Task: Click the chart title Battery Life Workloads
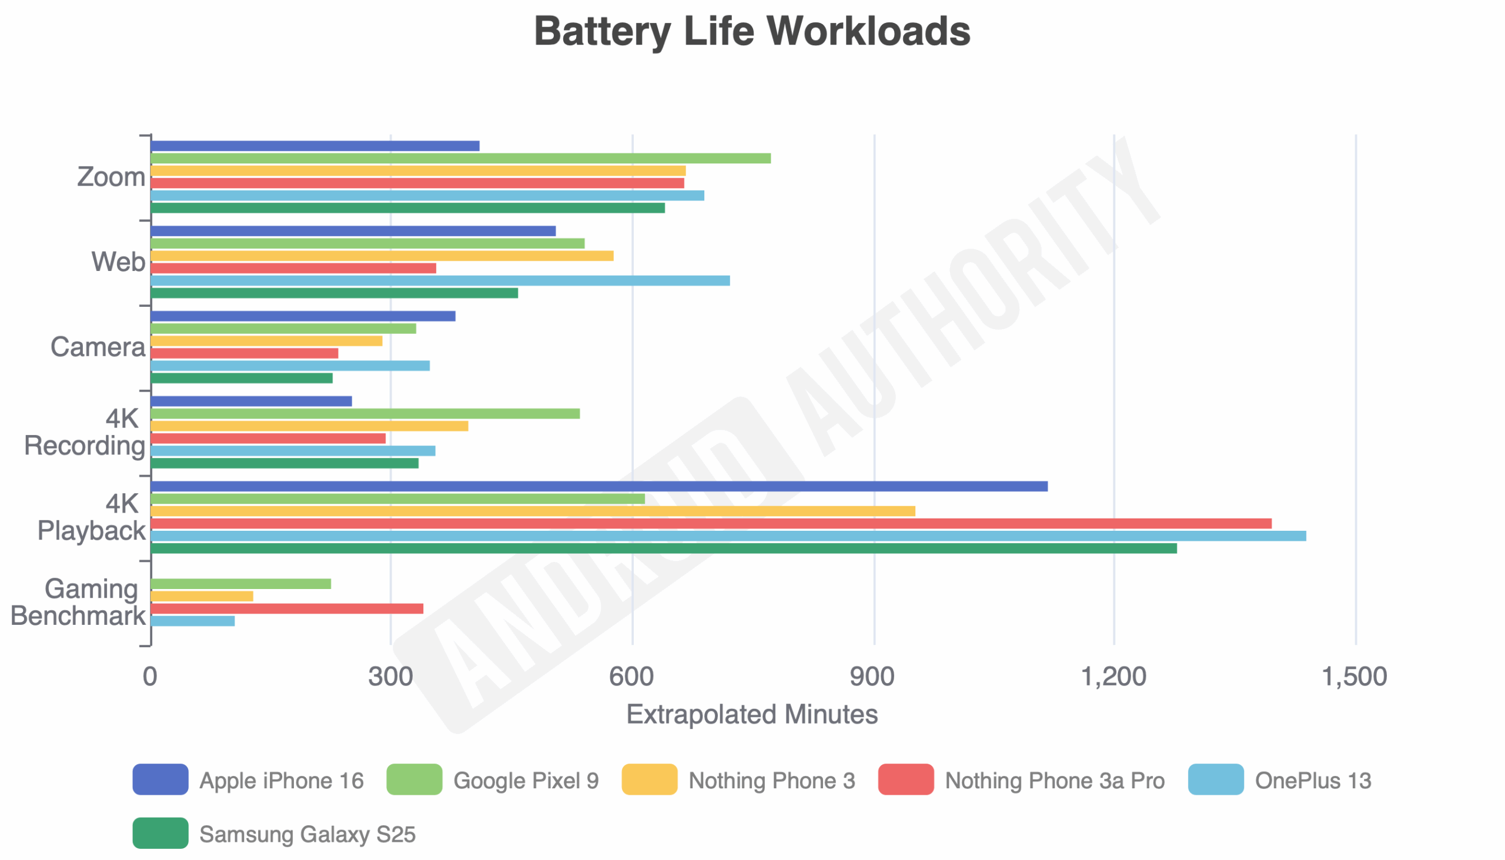752,31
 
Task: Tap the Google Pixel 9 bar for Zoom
461,158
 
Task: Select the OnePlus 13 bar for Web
440,280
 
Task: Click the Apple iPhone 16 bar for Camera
303,316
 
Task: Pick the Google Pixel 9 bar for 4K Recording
365,413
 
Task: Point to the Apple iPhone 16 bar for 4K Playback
599,486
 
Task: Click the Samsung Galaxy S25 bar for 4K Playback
663,548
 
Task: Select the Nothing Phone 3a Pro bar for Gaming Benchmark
287,608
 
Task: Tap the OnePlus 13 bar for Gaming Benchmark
193,621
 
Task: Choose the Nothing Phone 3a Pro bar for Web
293,268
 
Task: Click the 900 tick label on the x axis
872,677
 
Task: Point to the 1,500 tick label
1354,677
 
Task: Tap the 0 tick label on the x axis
150,677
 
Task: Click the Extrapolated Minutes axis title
752,715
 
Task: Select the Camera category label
98,347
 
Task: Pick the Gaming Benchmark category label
78,603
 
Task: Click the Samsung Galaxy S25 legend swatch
160,834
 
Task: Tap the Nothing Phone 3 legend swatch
649,779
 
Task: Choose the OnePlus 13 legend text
1312,781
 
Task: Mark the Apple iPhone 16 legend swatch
160,779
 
